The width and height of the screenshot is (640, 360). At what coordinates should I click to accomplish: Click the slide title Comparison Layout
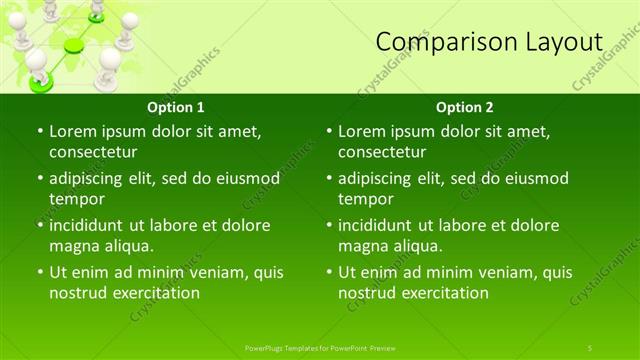[x=489, y=41]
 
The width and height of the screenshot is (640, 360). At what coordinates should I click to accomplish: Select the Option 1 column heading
[x=176, y=107]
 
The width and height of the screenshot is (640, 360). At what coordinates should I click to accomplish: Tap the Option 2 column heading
[x=465, y=107]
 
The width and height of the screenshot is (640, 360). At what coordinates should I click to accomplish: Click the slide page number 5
[x=590, y=347]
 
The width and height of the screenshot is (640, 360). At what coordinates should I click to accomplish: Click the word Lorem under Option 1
[x=73, y=131]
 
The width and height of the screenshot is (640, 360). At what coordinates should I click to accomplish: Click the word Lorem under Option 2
[x=362, y=131]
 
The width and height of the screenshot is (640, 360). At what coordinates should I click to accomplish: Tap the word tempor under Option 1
[x=76, y=198]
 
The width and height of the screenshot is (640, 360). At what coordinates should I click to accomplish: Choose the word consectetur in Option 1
[x=93, y=152]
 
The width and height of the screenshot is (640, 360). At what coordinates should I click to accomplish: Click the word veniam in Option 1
[x=223, y=272]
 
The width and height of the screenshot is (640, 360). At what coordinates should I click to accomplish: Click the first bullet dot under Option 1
[x=39, y=131]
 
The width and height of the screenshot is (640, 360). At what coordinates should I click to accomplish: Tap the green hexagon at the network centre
[x=74, y=45]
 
